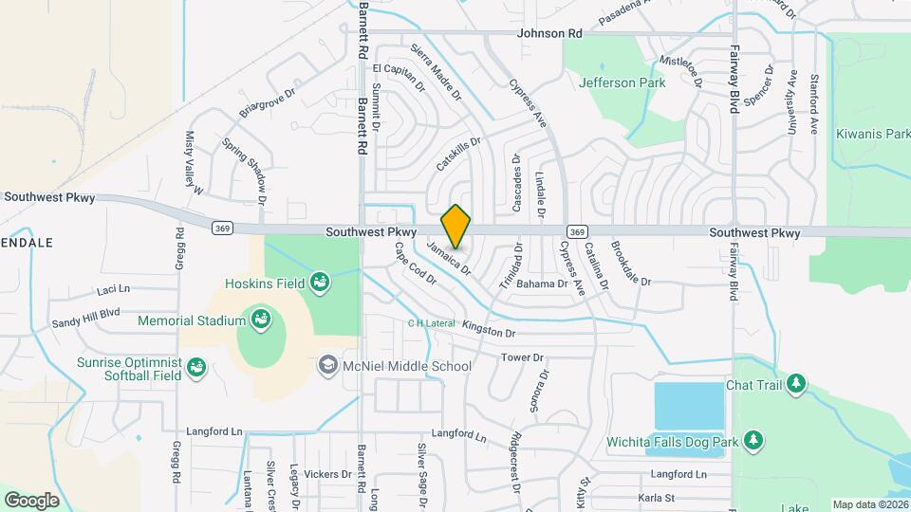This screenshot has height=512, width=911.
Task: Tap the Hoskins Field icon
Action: click(321, 283)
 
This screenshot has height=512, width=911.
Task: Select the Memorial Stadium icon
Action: click(258, 320)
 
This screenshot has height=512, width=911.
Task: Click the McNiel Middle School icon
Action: click(327, 366)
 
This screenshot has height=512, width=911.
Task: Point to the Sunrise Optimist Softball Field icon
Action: click(197, 366)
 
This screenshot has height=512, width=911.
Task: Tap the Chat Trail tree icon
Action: click(798, 384)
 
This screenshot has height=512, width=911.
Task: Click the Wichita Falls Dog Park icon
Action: click(753, 441)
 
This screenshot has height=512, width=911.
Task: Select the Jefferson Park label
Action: click(622, 82)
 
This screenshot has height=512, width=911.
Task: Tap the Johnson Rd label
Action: click(549, 33)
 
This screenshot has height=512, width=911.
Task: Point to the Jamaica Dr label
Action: click(449, 257)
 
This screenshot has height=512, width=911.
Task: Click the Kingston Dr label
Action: click(490, 334)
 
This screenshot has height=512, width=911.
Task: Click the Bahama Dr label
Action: click(543, 283)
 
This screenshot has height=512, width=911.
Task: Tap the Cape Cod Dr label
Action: click(415, 264)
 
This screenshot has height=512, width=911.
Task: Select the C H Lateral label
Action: click(432, 322)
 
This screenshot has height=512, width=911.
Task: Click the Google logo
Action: click(31, 500)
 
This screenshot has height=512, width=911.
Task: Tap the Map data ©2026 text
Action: click(870, 504)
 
